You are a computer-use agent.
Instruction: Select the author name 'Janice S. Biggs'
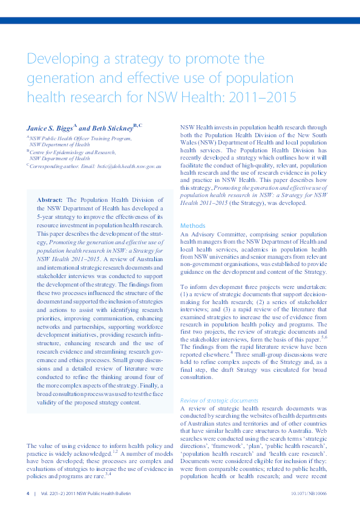pyautogui.click(x=50, y=128)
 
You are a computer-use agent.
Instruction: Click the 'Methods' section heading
pyautogui.click(x=193, y=225)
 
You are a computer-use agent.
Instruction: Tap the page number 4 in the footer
pyautogui.click(x=28, y=493)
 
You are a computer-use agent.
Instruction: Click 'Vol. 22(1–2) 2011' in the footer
pyautogui.click(x=56, y=493)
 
